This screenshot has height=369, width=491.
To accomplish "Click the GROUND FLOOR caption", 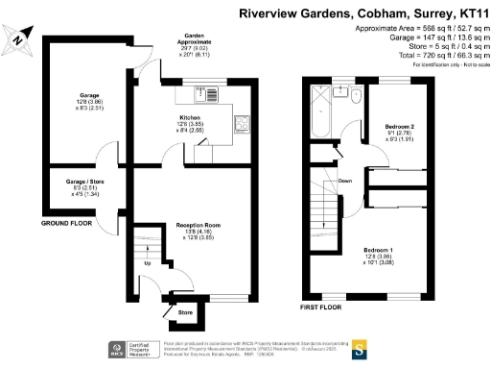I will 66,223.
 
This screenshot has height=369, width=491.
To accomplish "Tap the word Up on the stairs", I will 146,262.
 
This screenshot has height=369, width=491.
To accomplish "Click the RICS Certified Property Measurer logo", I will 123,348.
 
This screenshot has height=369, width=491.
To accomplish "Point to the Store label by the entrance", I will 186,312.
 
